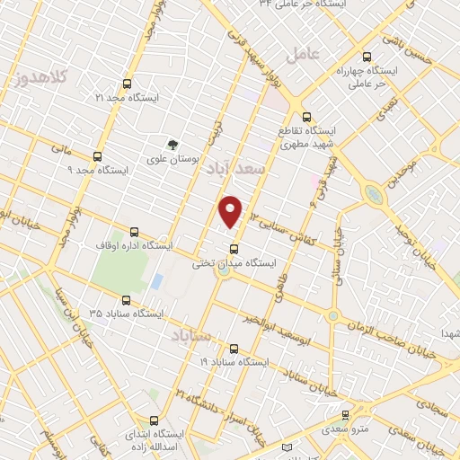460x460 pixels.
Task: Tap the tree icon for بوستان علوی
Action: point(172,144)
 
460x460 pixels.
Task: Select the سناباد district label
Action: point(191,335)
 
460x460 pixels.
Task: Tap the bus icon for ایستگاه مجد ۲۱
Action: point(128,82)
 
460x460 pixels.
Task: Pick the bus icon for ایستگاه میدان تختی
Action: point(234,249)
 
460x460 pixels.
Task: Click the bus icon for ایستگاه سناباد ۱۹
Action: point(234,347)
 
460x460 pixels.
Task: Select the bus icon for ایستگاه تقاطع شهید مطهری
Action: point(307,116)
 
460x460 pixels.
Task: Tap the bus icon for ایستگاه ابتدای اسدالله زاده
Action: point(154,420)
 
